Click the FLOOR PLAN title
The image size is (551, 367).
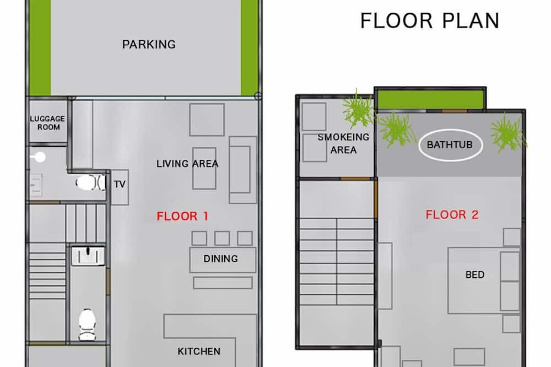[x=430, y=20]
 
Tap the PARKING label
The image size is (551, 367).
[x=149, y=44]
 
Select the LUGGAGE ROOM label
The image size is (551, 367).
[x=48, y=123]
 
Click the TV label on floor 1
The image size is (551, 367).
[x=120, y=184]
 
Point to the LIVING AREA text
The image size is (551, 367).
[x=187, y=164]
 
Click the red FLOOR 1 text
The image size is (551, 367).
[x=182, y=216]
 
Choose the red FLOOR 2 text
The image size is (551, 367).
[x=452, y=214]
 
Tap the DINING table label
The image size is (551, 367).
[x=221, y=259]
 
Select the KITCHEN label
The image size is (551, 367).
[x=199, y=351]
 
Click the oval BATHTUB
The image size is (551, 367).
[x=450, y=144]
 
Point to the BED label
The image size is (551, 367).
[x=475, y=274]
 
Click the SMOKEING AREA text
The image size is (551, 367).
[x=343, y=143]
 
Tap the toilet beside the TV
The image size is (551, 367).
[x=90, y=183]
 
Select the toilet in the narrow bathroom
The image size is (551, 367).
[x=87, y=325]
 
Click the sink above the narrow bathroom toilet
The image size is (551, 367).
[x=88, y=256]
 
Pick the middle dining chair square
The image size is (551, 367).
[x=222, y=239]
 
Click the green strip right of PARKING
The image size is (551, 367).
[x=249, y=47]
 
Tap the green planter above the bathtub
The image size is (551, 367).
[x=430, y=100]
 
